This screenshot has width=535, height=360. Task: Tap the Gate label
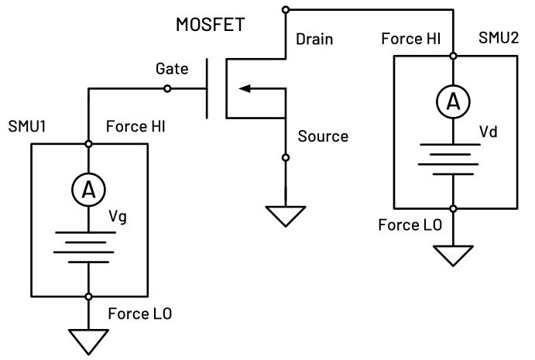(x=171, y=68)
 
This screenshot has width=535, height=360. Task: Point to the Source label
(x=323, y=136)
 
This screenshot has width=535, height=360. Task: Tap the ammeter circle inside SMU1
(x=89, y=187)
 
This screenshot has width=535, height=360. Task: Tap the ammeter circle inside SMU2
(x=453, y=101)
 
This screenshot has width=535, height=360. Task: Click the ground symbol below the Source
(x=286, y=214)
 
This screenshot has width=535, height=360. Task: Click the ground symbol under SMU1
(x=89, y=339)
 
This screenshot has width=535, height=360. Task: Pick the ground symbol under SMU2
(x=453, y=253)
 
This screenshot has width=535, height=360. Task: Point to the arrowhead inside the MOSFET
(x=245, y=88)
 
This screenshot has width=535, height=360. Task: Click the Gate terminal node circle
(x=166, y=88)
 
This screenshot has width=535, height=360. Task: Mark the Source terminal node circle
(x=286, y=157)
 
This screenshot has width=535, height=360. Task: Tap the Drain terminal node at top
(x=286, y=9)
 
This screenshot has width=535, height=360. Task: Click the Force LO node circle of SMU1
(x=89, y=297)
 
